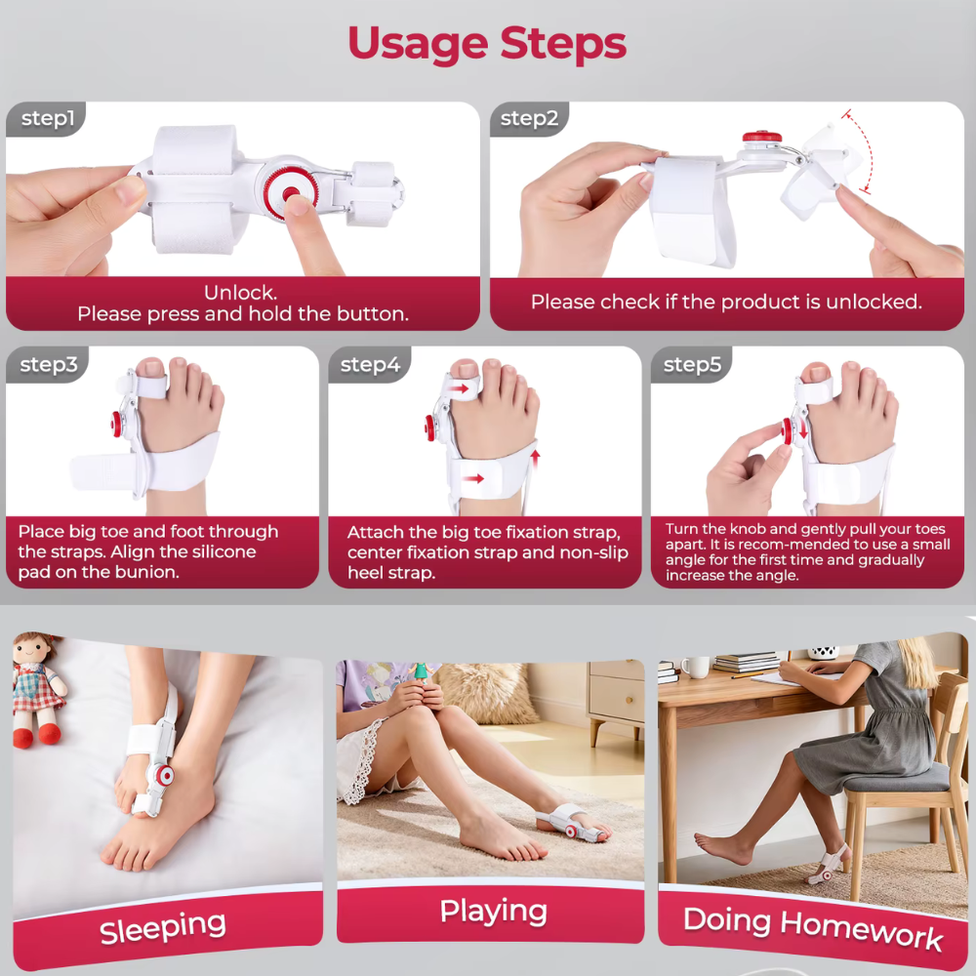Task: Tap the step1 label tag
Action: pos(46,118)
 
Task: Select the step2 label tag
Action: pos(529,118)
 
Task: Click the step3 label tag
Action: pos(48,364)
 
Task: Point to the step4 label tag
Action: pos(370,364)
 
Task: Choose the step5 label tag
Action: pos(692,364)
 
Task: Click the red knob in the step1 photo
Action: pos(290,194)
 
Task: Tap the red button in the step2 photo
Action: pos(762,137)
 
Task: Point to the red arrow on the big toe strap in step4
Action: pos(460,389)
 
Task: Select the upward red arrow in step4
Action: pos(535,460)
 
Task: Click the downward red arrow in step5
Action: pos(803,429)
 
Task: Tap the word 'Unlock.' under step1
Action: pos(240,292)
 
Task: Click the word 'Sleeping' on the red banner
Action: pos(162,927)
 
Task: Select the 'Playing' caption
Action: pos(494,911)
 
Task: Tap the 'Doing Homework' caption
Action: pos(813,927)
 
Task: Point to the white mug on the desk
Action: pos(695,667)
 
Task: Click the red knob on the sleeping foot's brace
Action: pos(164,776)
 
